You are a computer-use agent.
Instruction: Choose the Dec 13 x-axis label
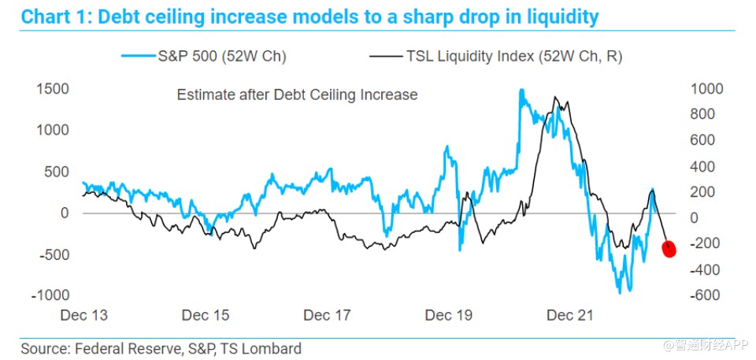pyautogui.click(x=83, y=316)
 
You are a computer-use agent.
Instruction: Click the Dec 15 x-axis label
pyautogui.click(x=206, y=316)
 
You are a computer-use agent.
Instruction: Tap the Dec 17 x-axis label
pyautogui.click(x=327, y=316)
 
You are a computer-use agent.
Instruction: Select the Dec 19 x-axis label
pyautogui.click(x=449, y=316)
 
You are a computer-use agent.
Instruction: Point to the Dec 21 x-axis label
pyautogui.click(x=570, y=316)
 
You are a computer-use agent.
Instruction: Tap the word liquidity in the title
pyautogui.click(x=552, y=16)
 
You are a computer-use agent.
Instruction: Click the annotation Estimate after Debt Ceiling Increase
pyautogui.click(x=297, y=95)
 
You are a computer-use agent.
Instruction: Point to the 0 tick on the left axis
pyautogui.click(x=65, y=213)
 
